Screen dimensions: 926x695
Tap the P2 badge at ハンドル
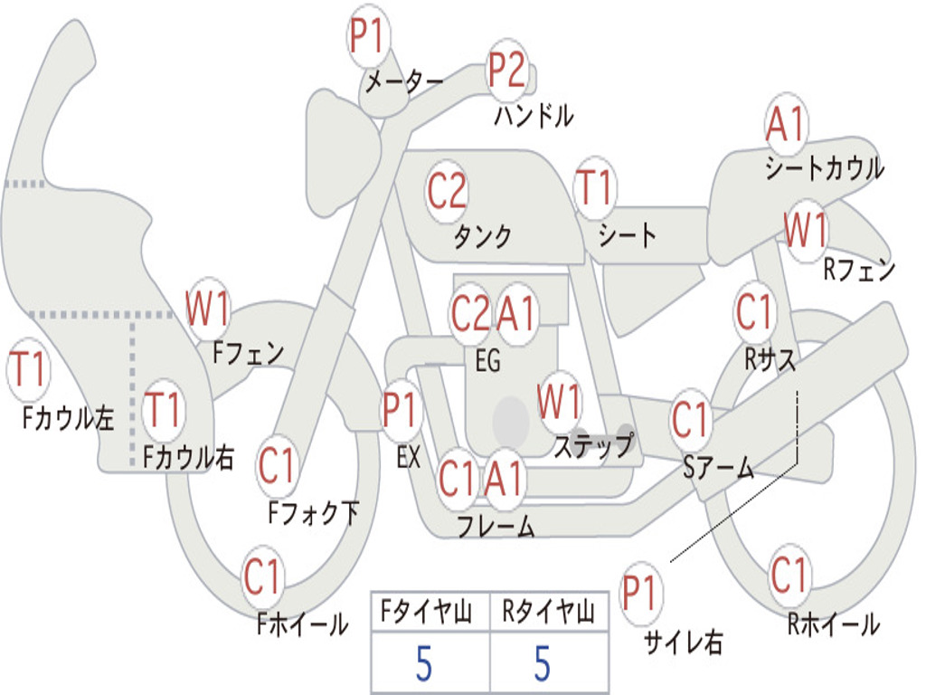[x=507, y=70]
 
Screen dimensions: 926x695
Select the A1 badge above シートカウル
[x=786, y=125]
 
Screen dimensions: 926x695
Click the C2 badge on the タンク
[x=447, y=191]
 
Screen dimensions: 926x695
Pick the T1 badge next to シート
[x=594, y=188]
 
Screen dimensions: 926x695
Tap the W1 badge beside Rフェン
[x=805, y=232]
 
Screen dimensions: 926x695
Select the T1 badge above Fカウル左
[x=28, y=371]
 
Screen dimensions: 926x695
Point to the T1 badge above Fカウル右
[x=165, y=410]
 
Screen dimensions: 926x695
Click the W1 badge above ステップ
[x=560, y=403]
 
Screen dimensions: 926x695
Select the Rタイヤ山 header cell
[x=548, y=614]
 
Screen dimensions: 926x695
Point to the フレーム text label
[x=496, y=526]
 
